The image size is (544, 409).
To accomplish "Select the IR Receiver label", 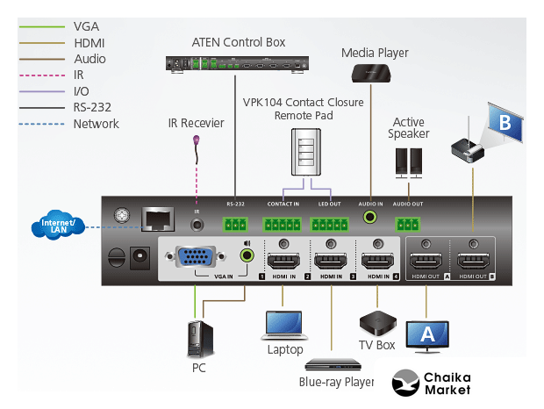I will coord(196,123).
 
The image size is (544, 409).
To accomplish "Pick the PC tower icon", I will coord(199,339).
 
